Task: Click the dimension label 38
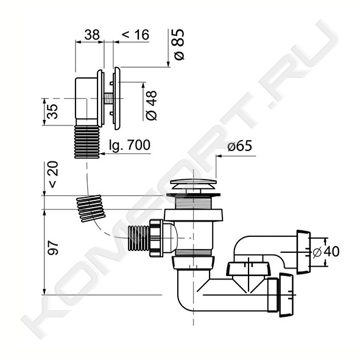coord(92,35)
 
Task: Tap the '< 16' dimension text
coord(135,35)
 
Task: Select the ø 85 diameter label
coord(179,44)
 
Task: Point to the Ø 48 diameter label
coord(152,105)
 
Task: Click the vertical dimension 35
coord(52,111)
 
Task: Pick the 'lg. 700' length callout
coord(130,145)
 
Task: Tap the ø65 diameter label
coord(239,146)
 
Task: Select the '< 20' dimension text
coord(53,174)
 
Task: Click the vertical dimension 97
coord(53,248)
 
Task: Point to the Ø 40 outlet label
coord(326,252)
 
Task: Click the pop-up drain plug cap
coord(193,184)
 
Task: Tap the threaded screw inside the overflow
coord(108,99)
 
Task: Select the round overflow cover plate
coord(117,99)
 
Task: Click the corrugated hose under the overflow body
coord(87,142)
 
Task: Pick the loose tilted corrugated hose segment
coord(91,208)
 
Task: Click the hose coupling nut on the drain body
coord(157,238)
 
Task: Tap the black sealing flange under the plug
coord(194,195)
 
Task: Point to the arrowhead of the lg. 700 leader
coord(102,154)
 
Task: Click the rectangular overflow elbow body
coord(86,99)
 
